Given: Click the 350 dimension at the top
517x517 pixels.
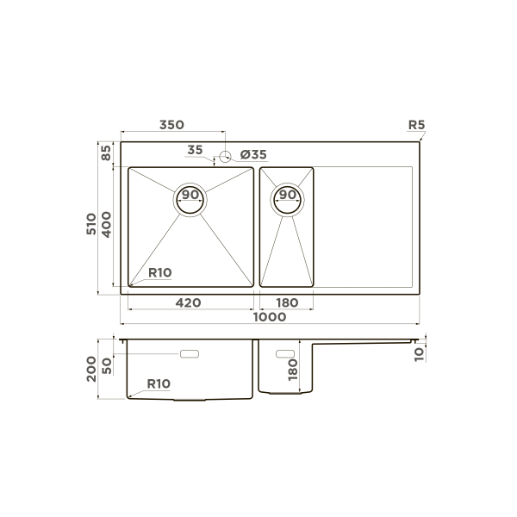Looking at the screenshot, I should (171, 125).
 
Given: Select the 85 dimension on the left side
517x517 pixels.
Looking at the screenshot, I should (106, 154).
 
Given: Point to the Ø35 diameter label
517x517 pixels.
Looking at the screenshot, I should (253, 154).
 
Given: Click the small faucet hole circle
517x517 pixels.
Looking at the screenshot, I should (225, 157).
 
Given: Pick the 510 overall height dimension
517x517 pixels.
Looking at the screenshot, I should (91, 226).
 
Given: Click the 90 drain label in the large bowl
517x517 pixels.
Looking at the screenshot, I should (190, 195).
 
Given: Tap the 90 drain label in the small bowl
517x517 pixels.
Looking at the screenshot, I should (287, 195).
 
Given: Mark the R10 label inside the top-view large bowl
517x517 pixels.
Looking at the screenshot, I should (160, 272).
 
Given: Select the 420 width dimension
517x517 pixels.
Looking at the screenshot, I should (189, 302).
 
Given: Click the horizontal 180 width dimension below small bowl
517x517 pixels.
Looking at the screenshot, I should (287, 302).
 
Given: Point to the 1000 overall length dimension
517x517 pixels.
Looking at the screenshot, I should (270, 318).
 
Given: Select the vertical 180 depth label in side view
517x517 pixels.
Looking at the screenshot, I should (293, 371).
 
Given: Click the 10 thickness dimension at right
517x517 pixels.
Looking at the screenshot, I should (419, 352).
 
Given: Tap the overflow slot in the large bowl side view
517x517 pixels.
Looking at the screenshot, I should (189, 353).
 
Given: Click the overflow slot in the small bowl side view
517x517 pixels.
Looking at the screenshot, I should (283, 352).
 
